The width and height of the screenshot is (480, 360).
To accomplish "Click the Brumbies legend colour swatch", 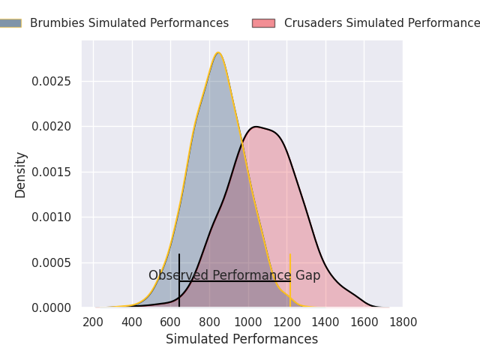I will coord(10,23).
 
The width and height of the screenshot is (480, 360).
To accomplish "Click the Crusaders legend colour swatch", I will coord(263,23).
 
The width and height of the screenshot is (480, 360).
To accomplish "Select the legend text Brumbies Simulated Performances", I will coord(129,23).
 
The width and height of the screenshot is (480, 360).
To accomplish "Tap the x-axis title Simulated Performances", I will coord(241,340).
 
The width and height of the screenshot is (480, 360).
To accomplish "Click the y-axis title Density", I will coord(21,175).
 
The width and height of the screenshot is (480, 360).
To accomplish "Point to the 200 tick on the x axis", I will coord(93,322).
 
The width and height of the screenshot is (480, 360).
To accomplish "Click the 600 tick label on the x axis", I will coord(170,322).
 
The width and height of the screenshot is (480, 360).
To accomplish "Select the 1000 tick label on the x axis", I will coord(248,322).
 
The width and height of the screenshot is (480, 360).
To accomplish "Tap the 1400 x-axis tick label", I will coord(325,322).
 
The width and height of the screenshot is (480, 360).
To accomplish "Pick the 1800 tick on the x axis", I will coord(403,322).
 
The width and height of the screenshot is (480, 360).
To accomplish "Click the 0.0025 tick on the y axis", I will coord(52,81).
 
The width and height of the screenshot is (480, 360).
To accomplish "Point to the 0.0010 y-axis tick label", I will coord(52,217).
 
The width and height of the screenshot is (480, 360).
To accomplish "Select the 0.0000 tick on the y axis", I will coord(52,308).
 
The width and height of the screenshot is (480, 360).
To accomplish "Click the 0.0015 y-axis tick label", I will coord(52,172).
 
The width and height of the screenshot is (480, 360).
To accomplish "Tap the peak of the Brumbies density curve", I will coord(218,53).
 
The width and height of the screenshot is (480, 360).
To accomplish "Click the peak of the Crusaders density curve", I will coord(256,127).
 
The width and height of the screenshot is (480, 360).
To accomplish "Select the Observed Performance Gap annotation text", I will coord(234,275).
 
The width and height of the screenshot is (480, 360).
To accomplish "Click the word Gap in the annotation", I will coord(307,275).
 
